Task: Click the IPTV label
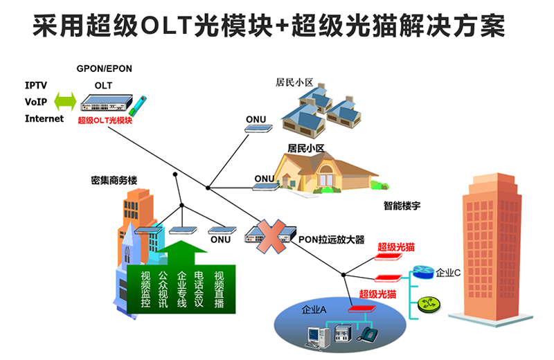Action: click(36, 86)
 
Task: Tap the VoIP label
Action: click(36, 102)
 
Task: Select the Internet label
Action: click(44, 118)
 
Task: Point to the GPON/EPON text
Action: click(104, 69)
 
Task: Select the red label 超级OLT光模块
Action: click(105, 120)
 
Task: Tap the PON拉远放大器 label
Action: click(331, 240)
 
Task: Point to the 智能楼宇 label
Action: click(403, 206)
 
